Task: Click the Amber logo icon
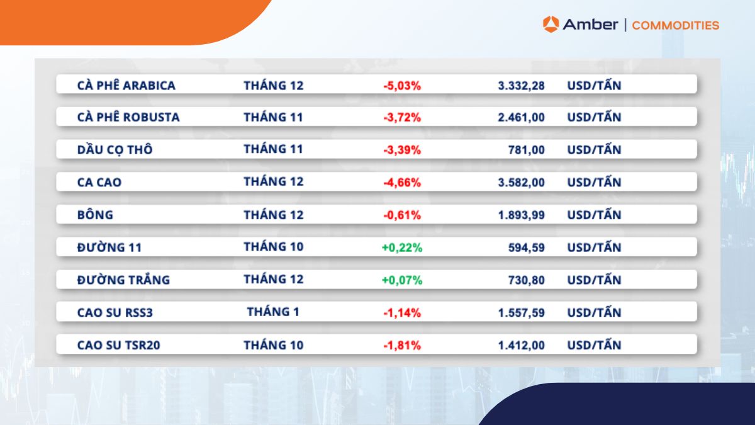pyautogui.click(x=551, y=25)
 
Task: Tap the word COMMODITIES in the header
pyautogui.click(x=675, y=25)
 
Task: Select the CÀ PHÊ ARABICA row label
pyautogui.click(x=126, y=85)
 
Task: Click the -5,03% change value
pyautogui.click(x=402, y=85)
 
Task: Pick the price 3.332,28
pyautogui.click(x=521, y=85)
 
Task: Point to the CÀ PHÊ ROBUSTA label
pyautogui.click(x=128, y=117)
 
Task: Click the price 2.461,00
pyautogui.click(x=521, y=117)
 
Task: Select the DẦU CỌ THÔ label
pyautogui.click(x=115, y=150)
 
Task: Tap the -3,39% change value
pyautogui.click(x=402, y=150)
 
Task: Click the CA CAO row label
pyautogui.click(x=99, y=183)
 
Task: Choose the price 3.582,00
pyautogui.click(x=521, y=183)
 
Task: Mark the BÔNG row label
pyautogui.click(x=95, y=215)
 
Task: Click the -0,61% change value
pyautogui.click(x=402, y=215)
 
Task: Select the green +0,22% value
pyautogui.click(x=402, y=247)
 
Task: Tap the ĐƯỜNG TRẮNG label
pyautogui.click(x=123, y=280)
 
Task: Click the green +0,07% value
pyautogui.click(x=402, y=280)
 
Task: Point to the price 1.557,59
pyautogui.click(x=521, y=312)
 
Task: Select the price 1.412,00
pyautogui.click(x=521, y=345)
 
